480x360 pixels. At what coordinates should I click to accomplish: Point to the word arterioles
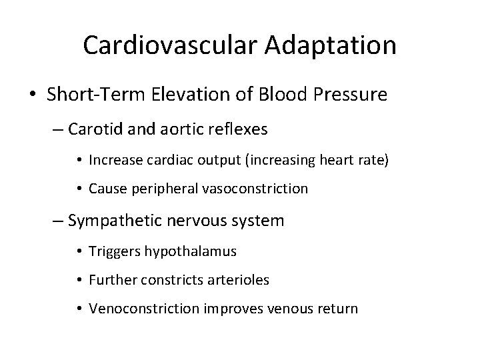coord(239,280)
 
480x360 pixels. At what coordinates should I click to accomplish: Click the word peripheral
coord(162,189)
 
